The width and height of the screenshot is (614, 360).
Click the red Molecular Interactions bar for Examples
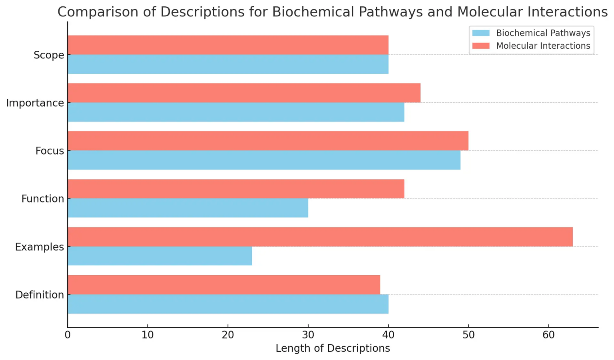pyautogui.click(x=320, y=237)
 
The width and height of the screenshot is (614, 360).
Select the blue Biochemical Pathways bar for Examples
pyautogui.click(x=160, y=256)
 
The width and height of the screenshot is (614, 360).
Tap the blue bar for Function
pyautogui.click(x=188, y=208)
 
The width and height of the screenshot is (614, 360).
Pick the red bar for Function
pyautogui.click(x=236, y=189)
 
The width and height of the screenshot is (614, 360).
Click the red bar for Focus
pyautogui.click(x=268, y=141)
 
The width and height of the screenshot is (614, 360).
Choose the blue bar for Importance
pyautogui.click(x=236, y=112)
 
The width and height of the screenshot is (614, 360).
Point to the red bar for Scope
pyautogui.click(x=228, y=45)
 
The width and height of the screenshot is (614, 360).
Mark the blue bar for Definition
pyautogui.click(x=228, y=304)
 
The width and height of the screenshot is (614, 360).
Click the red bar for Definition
pyautogui.click(x=224, y=285)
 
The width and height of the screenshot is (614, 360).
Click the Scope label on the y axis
pyautogui.click(x=49, y=55)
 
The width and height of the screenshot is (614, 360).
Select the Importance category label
pyautogui.click(x=35, y=103)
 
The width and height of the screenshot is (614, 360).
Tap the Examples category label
pyautogui.click(x=40, y=247)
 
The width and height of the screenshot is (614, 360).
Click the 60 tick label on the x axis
pyautogui.click(x=548, y=335)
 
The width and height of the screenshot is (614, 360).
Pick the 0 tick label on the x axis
pyautogui.click(x=68, y=335)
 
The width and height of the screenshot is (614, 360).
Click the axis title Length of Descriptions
pyautogui.click(x=333, y=348)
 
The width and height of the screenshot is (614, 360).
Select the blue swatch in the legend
pyautogui.click(x=481, y=33)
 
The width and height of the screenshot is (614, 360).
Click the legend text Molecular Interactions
pyautogui.click(x=543, y=46)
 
